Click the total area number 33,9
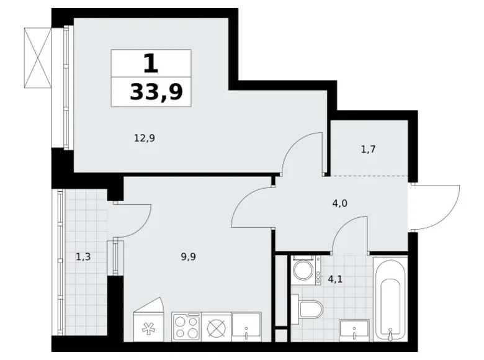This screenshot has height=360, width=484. [156, 92]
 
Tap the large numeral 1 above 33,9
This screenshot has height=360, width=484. [151, 63]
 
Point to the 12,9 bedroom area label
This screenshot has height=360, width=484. [145, 138]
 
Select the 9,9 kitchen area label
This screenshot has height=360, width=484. [189, 256]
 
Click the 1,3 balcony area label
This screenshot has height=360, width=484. [83, 256]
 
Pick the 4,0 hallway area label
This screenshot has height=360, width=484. [340, 204]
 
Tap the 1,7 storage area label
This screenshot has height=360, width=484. [368, 150]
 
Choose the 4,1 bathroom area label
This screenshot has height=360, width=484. [335, 280]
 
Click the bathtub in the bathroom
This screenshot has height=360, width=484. [390, 299]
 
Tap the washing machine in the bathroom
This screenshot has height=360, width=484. [306, 270]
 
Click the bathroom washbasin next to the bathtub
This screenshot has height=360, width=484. [354, 329]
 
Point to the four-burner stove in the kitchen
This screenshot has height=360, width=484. [186, 327]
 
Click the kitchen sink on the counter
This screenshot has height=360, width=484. [246, 326]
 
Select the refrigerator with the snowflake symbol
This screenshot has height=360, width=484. [148, 320]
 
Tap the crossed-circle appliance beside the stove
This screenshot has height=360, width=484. [216, 327]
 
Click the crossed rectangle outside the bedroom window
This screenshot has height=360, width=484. [37, 58]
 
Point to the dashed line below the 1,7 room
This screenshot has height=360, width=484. [369, 176]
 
